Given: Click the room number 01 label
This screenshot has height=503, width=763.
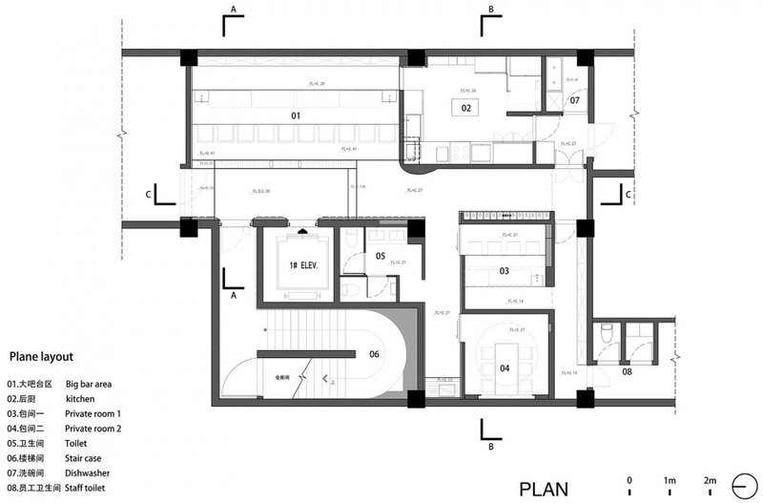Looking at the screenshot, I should tap(296, 115).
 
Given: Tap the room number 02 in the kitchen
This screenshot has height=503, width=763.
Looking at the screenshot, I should tap(466, 109).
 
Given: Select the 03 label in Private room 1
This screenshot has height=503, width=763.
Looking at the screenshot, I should tap(504, 271).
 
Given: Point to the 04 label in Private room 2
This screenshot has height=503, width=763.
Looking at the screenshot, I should tap(504, 367).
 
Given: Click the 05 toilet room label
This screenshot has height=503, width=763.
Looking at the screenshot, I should tap(380, 256).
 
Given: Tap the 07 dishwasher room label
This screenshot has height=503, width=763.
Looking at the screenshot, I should tap(575, 99).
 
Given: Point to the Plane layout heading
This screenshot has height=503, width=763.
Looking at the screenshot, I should tap(41, 356).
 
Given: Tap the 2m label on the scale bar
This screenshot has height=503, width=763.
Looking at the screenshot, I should tap(711, 479).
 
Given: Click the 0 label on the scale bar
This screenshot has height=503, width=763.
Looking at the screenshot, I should tap(629, 479).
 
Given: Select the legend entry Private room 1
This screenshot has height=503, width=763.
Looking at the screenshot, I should tap(93, 413).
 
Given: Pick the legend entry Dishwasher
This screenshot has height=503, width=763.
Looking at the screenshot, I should tap(88, 473).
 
